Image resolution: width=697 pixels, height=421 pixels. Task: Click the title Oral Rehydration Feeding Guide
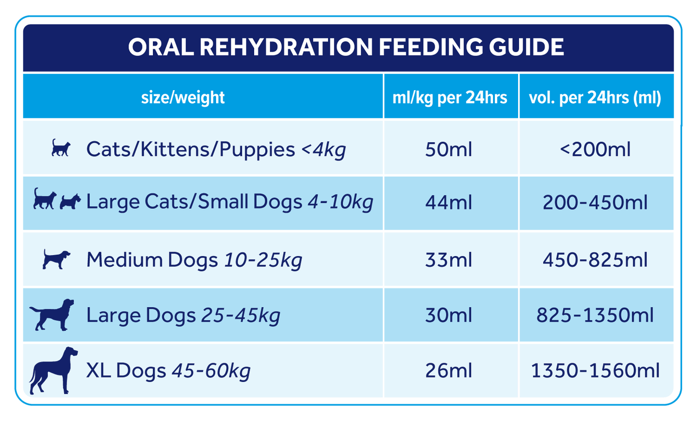346,47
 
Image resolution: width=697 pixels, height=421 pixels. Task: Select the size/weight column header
183,98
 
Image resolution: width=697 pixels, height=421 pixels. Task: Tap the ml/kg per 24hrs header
450,98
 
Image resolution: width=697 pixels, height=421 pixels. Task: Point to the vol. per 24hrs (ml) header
595,98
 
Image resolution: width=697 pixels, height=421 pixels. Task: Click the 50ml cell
449,149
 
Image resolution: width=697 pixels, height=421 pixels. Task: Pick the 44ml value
449,203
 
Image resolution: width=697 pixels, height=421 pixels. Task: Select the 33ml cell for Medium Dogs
449,260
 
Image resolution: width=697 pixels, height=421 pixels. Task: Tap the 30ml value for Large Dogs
449,315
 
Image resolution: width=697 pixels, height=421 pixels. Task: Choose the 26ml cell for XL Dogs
449,371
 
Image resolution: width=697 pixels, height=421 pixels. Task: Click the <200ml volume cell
595,149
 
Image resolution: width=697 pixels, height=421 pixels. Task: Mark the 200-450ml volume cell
595,203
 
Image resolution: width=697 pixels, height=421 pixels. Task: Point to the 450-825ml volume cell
595,260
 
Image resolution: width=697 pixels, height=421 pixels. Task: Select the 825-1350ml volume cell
595,315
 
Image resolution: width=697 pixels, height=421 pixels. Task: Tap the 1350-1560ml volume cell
595,371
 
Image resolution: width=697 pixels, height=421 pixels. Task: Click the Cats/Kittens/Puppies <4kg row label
216,149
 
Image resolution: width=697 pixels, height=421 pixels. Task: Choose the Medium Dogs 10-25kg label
194,260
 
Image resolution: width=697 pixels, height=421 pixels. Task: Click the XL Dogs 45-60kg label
168,371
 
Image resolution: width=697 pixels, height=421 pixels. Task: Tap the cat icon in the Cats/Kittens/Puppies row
61,148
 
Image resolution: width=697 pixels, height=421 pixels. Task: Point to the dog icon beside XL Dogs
53,370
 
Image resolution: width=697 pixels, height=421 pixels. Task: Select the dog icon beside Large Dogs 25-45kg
52,314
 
